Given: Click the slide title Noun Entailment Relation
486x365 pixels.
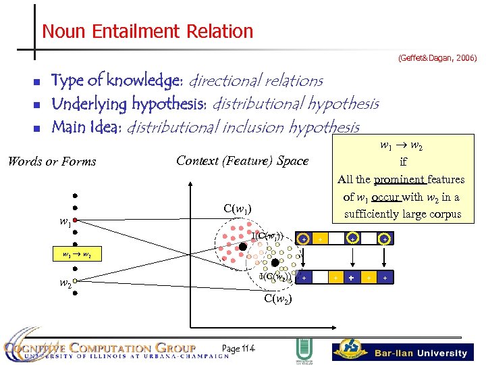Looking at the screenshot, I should point(147,31).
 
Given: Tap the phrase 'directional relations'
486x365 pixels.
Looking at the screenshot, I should point(256,80).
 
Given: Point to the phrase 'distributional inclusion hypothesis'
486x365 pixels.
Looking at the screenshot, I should point(243,127).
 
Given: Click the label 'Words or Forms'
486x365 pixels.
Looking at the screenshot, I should point(51,162).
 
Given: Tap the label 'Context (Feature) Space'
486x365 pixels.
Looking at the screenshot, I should point(242,161).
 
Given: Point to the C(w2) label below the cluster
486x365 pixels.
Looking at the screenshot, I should point(277,299).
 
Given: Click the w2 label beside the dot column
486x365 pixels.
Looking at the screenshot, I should point(65,284).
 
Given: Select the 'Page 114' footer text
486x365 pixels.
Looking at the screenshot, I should point(238,348).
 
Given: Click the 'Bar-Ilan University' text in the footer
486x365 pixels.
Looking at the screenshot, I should point(421,353).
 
